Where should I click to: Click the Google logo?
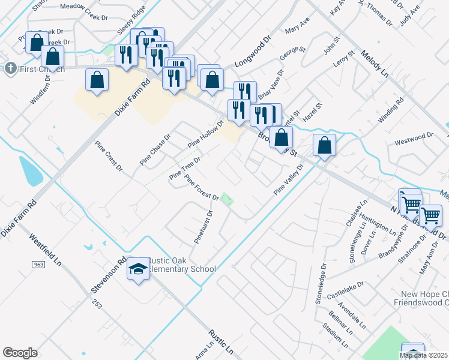(x=20, y=353)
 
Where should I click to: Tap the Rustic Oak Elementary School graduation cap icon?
(x=138, y=270)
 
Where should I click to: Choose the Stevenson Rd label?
(x=109, y=274)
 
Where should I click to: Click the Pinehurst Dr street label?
(x=203, y=226)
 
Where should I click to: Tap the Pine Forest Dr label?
(x=202, y=188)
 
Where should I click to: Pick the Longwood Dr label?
(x=253, y=54)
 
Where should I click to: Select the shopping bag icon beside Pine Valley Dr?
(x=324, y=146)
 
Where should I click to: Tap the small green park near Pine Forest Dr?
(x=226, y=200)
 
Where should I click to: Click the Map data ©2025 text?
(x=424, y=355)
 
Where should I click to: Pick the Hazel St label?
(x=313, y=113)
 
